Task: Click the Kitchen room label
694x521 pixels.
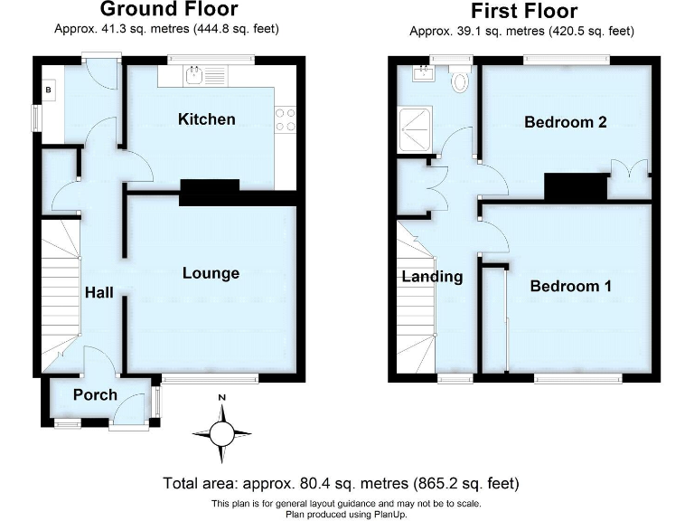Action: point(206,119)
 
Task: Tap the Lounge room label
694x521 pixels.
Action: point(211,273)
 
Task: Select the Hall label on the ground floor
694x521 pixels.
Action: point(98,293)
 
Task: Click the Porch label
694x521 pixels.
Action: point(95,394)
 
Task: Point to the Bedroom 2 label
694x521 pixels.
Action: point(565,122)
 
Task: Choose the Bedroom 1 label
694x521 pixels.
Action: point(570,286)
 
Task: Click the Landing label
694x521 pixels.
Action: point(432,277)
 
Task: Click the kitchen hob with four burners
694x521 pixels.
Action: point(286,119)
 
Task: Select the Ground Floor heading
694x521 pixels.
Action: point(168,10)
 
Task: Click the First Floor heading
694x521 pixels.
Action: point(523,12)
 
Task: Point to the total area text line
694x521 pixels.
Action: point(341,483)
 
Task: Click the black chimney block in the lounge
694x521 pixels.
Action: point(209,192)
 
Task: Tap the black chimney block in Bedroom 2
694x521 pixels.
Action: point(575,186)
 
